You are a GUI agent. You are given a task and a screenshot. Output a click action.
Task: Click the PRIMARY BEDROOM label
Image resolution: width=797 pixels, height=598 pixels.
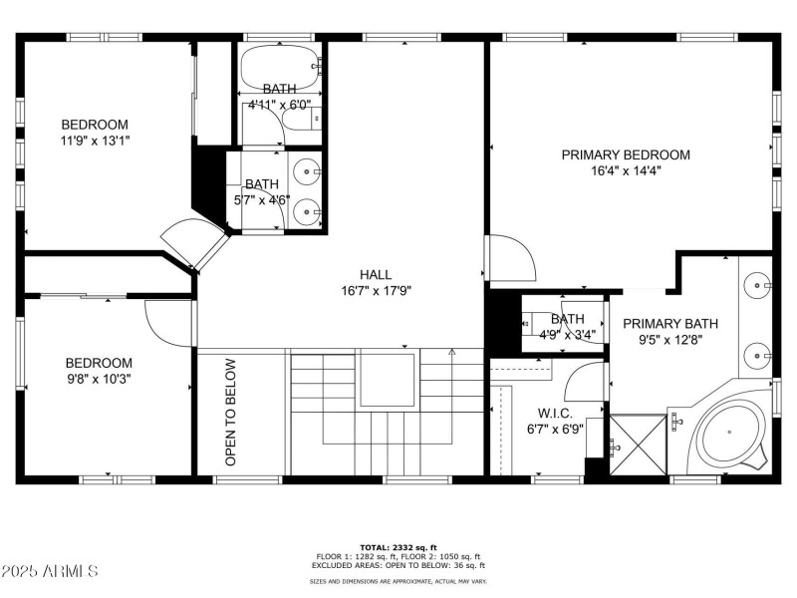[626, 154]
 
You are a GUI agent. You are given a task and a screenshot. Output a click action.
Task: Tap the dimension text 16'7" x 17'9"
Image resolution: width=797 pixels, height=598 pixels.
[376, 291]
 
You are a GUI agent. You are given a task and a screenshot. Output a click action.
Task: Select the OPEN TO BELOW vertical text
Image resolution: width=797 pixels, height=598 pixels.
[230, 413]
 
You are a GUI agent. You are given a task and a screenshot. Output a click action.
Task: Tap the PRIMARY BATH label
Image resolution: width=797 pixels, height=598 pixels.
[669, 324]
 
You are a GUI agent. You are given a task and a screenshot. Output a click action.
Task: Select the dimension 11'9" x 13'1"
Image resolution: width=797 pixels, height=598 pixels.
[95, 141]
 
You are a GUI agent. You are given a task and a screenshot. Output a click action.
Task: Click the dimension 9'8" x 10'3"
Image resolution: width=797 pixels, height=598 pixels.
[99, 379]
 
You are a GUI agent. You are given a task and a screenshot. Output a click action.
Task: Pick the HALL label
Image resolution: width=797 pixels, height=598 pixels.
[376, 274]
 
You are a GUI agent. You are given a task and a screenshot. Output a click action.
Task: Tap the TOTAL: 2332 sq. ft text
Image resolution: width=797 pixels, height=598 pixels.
[398, 547]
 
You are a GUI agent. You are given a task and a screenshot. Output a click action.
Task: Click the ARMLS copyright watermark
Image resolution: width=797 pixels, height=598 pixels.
[50, 571]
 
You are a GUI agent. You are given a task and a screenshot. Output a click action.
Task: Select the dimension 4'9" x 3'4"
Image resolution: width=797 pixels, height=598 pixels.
[568, 335]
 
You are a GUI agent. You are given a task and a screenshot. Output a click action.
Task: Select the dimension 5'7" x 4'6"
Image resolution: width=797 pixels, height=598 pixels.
[262, 199]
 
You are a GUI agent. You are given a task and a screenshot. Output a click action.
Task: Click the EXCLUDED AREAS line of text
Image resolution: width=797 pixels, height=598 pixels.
[398, 565]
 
